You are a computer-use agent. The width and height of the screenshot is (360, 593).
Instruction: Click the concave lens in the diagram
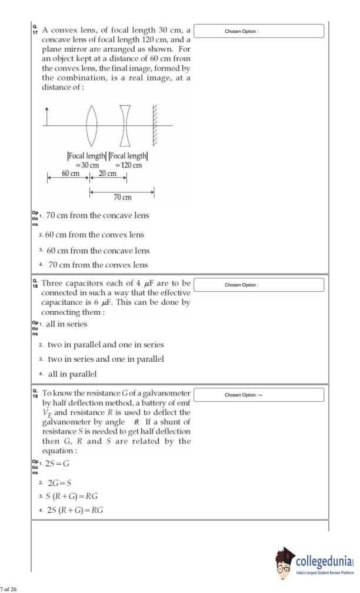[x=125, y=125]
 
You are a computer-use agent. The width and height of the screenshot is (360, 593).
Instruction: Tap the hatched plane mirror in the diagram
[x=155, y=125]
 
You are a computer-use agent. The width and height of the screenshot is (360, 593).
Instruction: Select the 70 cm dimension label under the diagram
[x=122, y=198]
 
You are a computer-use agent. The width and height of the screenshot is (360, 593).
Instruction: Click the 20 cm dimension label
[x=107, y=174]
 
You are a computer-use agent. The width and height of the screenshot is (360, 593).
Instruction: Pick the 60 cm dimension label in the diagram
[x=71, y=174]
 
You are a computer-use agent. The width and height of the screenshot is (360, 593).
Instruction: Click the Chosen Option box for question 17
[x=259, y=31]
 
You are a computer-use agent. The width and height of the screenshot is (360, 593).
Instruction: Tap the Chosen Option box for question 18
[x=259, y=285]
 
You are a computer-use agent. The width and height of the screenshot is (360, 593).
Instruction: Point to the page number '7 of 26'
[x=9, y=588]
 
